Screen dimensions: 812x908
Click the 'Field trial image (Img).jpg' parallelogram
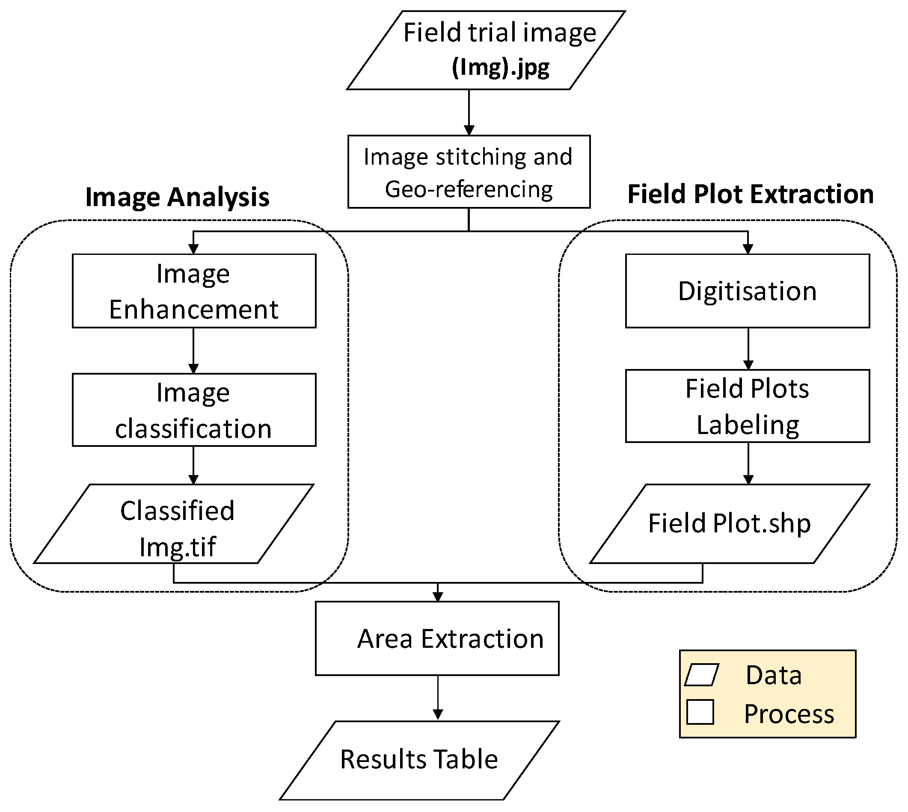(x=486, y=50)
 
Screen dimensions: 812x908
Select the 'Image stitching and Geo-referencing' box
(x=469, y=172)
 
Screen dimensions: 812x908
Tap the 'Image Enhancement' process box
(x=194, y=291)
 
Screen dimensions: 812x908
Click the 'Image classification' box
(x=194, y=410)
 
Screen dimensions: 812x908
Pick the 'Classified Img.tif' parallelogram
(x=174, y=523)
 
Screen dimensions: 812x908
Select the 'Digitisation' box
(x=747, y=291)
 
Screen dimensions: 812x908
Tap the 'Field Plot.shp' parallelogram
(x=730, y=523)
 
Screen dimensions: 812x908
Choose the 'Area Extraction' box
(x=437, y=638)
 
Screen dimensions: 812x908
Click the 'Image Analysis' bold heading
(x=177, y=197)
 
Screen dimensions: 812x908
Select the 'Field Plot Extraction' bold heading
(x=751, y=194)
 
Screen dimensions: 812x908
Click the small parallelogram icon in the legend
(x=701, y=675)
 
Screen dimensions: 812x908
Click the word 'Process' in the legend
(x=789, y=714)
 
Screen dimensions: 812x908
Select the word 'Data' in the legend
(x=774, y=675)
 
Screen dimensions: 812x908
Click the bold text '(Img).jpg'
(x=500, y=68)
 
